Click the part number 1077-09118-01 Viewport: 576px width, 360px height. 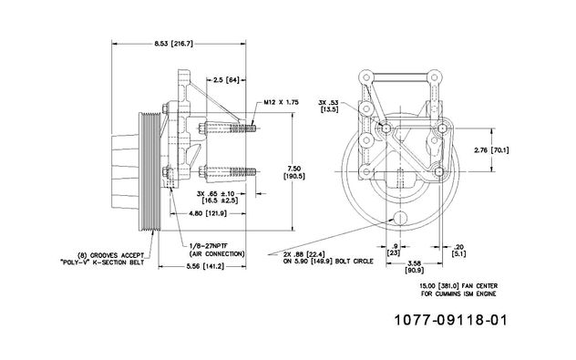[451, 320]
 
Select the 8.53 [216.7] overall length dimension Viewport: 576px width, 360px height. [173, 44]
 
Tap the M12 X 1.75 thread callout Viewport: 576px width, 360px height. [281, 102]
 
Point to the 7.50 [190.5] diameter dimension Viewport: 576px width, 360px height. [293, 172]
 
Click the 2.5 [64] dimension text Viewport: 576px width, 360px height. [226, 79]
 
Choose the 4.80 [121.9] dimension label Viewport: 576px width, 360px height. [208, 213]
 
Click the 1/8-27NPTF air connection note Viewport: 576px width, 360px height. [217, 250]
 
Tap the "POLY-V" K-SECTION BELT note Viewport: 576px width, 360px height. [102, 262]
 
